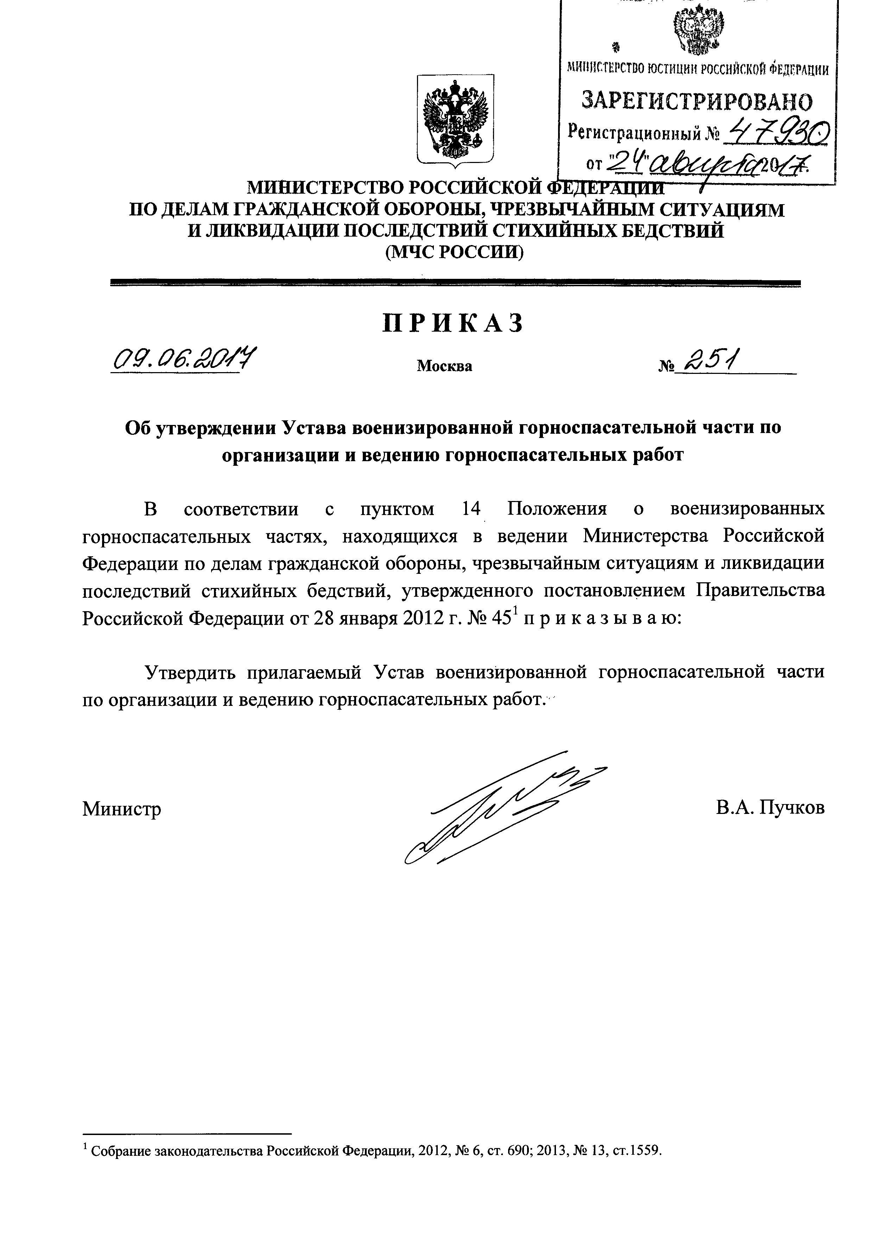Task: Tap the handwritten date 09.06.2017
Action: tap(183, 359)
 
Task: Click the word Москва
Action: tap(444, 366)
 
